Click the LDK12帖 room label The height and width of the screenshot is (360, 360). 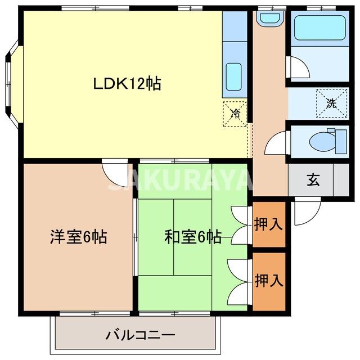point(128,84)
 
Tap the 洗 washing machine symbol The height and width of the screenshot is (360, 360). point(331,103)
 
